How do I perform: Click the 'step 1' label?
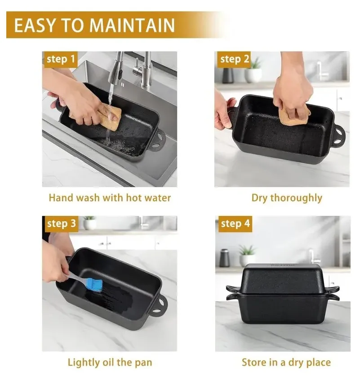point(61,59)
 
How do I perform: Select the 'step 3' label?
point(62,224)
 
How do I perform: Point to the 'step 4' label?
point(236,224)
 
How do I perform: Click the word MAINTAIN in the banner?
point(132,25)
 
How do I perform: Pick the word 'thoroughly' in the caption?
point(296,198)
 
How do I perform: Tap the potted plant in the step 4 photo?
point(247,255)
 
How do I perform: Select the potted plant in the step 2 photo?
point(253,70)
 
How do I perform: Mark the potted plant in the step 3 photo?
point(89,222)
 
